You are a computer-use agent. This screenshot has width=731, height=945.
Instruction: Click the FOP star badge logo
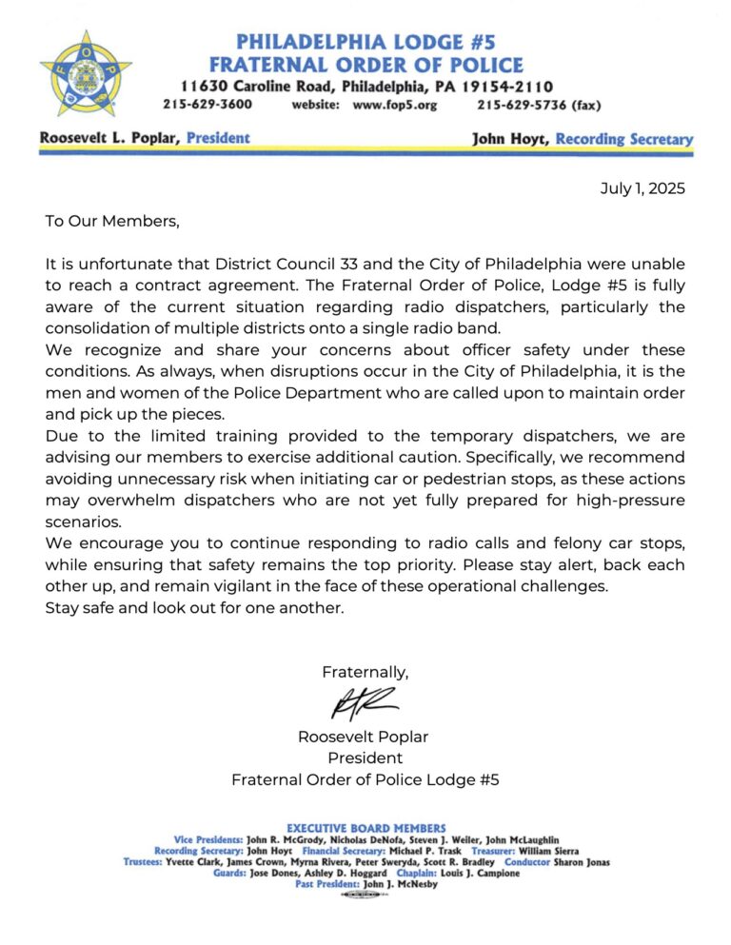(86, 71)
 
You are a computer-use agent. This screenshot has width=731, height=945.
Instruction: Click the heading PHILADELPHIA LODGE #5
(365, 42)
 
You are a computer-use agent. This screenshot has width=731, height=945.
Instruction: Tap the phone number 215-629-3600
(207, 105)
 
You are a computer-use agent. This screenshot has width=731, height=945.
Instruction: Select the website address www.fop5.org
(395, 105)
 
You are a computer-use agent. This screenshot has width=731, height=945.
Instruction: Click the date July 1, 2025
(642, 188)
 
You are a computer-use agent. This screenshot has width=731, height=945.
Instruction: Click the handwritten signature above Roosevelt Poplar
(364, 705)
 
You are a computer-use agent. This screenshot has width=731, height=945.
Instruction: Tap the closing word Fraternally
(365, 672)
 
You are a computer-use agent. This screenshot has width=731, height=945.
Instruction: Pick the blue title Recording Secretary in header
(624, 139)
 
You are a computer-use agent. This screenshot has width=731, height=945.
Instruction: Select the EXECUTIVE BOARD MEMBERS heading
(365, 828)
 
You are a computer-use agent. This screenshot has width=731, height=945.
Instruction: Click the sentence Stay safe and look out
(194, 606)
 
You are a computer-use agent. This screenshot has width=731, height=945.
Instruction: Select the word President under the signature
(365, 758)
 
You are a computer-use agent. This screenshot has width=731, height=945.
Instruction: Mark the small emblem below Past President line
(365, 896)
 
